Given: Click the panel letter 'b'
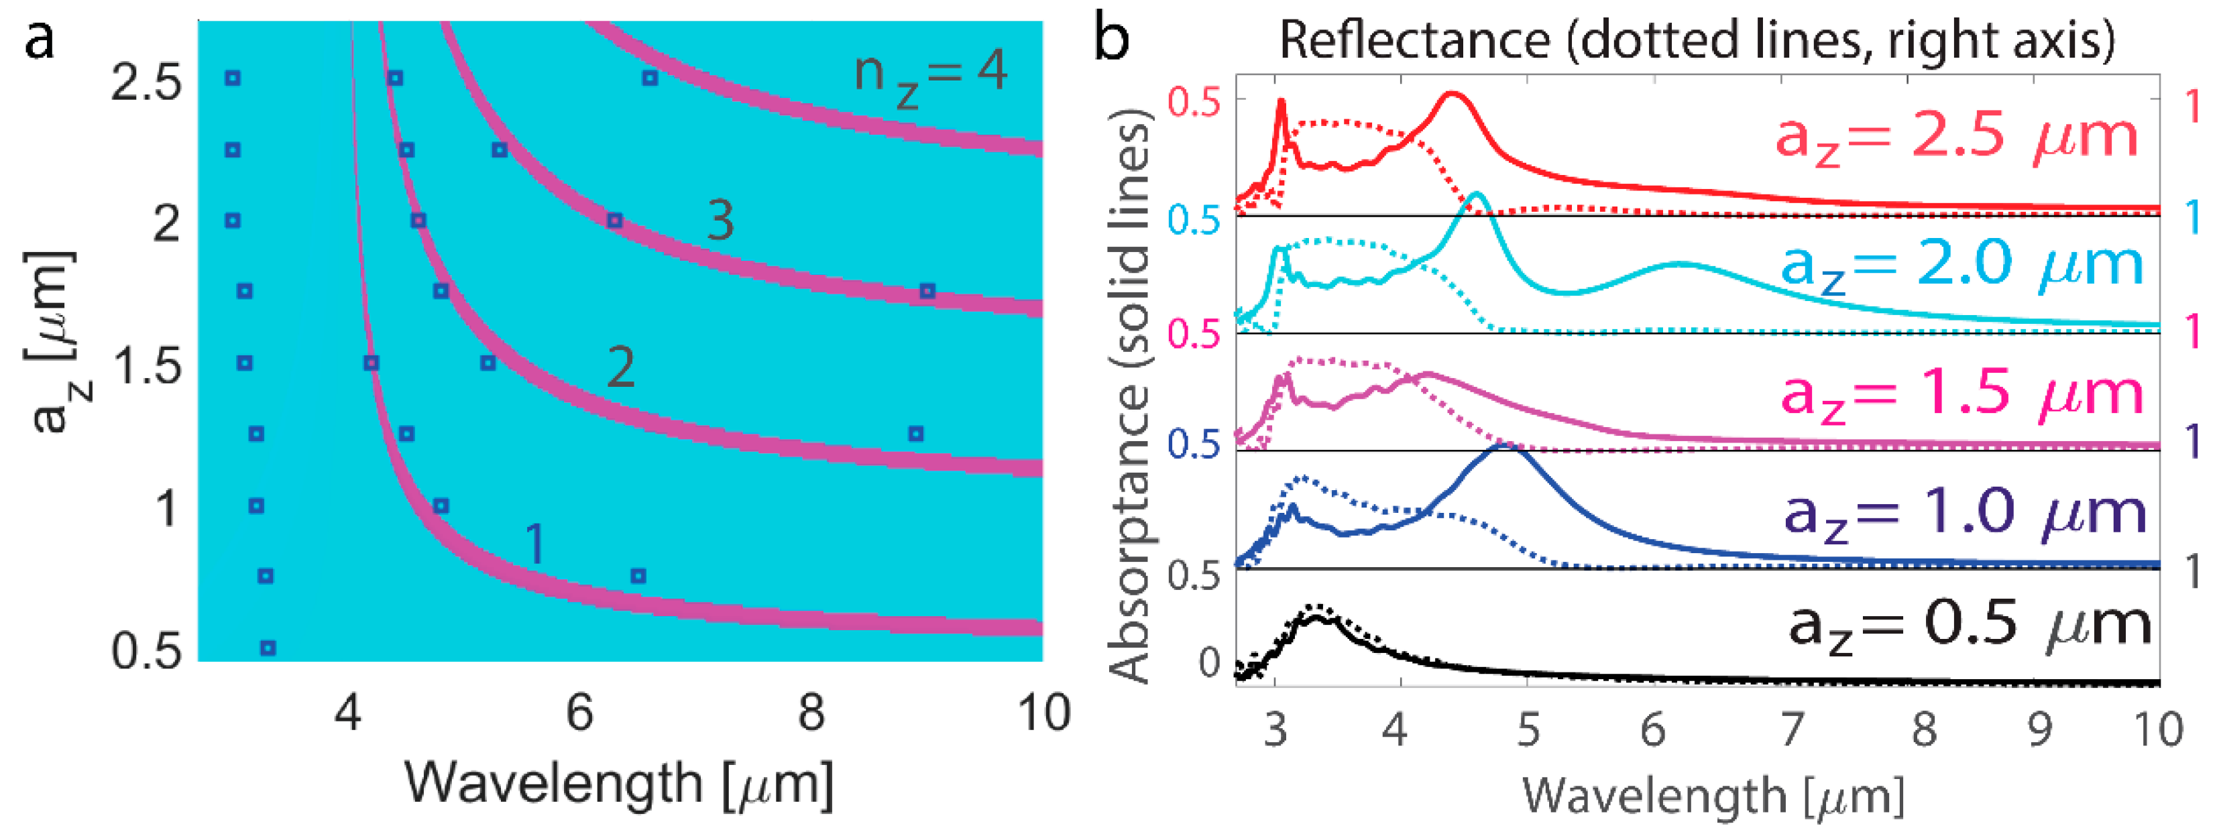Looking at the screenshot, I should pos(1112,39).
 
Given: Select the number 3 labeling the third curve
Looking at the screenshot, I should pos(720,221).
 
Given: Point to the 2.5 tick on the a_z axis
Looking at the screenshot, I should pos(146,84).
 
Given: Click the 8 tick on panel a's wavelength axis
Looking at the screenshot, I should pos(811,714).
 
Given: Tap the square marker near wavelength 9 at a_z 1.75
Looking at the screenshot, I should pos(927,291).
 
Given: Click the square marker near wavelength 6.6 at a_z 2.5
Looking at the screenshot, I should pos(650,78).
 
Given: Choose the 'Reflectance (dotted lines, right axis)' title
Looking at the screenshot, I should pos(1697,40).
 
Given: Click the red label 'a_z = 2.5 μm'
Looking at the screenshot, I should pos(1955,136).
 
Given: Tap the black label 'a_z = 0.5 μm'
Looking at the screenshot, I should pos(1968,623).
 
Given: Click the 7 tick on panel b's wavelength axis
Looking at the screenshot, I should pos(1792,730).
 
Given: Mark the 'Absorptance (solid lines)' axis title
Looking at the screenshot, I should pos(1129,396).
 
